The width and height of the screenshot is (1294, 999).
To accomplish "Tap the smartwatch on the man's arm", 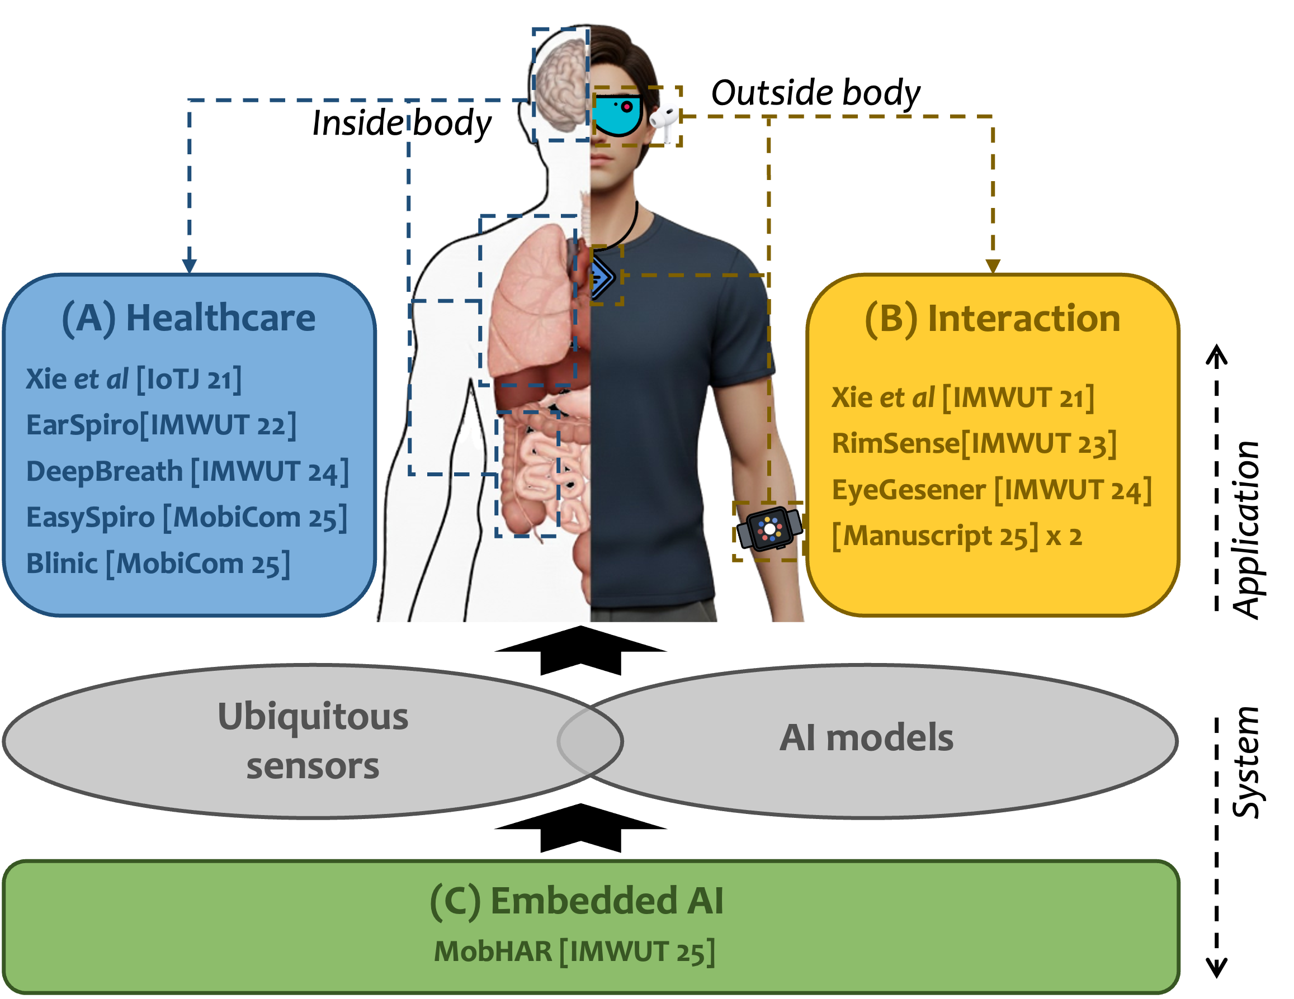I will pos(769,529).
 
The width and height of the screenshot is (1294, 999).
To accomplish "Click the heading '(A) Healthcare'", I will pos(189,318).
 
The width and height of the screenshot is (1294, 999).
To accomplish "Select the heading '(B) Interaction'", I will pos(993,318).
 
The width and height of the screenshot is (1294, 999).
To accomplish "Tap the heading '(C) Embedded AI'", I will pos(577,901).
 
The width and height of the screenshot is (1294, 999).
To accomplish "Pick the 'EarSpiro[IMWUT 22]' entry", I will pos(161,425).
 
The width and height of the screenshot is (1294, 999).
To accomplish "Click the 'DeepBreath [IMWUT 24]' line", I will pos(187,471).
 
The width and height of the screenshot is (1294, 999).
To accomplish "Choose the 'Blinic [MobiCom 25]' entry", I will pos(158,563).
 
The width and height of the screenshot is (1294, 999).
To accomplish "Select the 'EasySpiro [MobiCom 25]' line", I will pos(187,518).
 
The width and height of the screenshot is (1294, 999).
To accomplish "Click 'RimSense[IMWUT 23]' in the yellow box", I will pos(974,443).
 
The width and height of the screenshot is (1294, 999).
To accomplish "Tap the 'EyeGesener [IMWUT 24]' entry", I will pos(991,490).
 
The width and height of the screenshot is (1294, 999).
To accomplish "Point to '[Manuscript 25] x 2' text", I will pos(957,536).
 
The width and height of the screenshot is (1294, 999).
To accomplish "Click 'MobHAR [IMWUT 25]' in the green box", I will pos(574,951).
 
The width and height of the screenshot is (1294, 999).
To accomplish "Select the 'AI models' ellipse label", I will pos(866,738).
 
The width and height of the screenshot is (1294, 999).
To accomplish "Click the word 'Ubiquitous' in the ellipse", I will pos(313,717).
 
